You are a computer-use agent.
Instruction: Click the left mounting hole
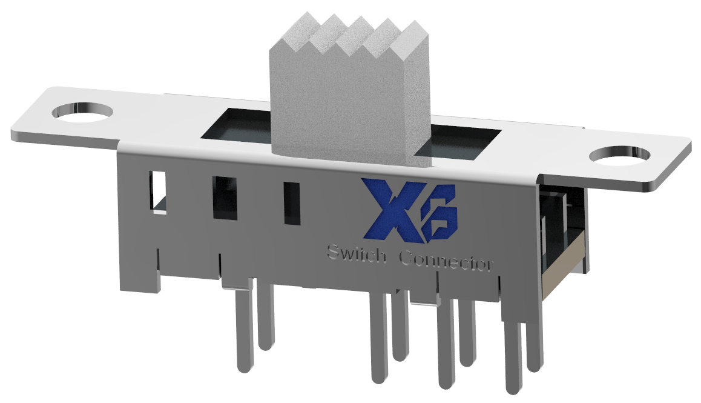click(82, 113)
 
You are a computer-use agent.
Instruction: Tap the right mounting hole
click(620, 156)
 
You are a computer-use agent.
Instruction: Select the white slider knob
click(349, 115)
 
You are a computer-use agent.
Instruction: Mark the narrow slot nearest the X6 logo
click(292, 203)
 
